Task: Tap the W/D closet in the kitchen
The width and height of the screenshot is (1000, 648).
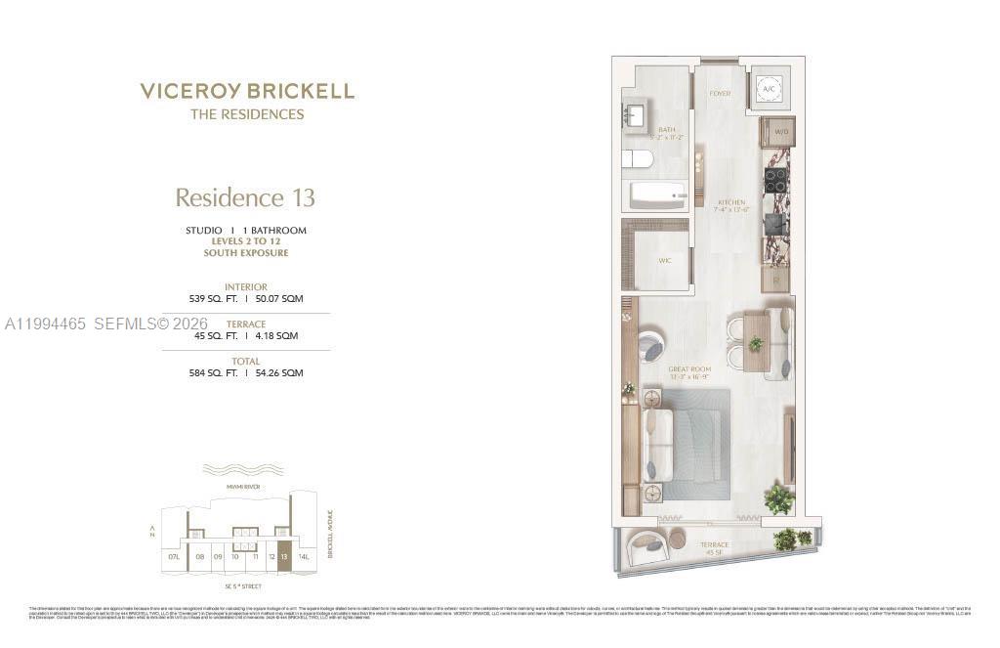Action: [x=778, y=131]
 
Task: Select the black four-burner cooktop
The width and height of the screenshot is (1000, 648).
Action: [x=775, y=180]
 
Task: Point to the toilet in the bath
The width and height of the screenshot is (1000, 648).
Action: [x=637, y=159]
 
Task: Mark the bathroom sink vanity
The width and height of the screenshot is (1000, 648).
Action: [x=635, y=116]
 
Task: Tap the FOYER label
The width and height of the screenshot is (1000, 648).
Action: [x=721, y=94]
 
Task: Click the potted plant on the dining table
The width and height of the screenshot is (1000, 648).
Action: [x=755, y=344]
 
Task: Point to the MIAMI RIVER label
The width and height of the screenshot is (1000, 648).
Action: [x=243, y=486]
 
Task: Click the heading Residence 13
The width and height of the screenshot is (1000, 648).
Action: [x=245, y=197]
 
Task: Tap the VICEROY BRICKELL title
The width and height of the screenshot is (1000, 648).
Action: [x=247, y=92]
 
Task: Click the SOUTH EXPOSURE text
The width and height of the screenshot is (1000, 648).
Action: [x=246, y=253]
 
